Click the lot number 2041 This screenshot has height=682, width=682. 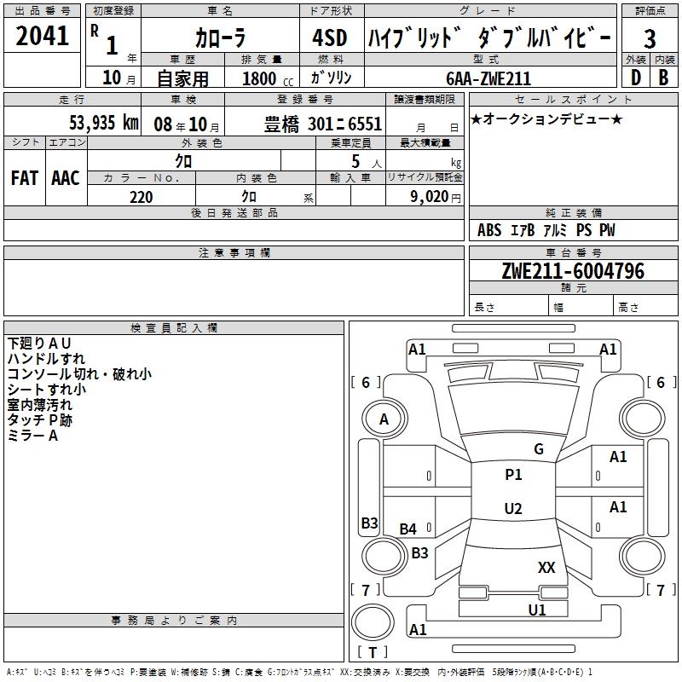click(43, 37)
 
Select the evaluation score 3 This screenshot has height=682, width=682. click(650, 38)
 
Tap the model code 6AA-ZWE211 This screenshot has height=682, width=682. click(488, 78)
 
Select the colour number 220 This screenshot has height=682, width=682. click(142, 197)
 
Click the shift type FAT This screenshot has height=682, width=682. click(24, 178)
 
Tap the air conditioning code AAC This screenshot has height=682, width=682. click(66, 178)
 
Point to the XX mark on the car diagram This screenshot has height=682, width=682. click(546, 567)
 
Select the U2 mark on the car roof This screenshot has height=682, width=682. click(513, 509)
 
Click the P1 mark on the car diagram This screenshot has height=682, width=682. click(513, 475)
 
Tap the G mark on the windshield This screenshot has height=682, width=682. click(538, 449)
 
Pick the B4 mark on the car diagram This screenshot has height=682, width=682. click(408, 529)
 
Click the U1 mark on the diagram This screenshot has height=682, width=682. click(537, 610)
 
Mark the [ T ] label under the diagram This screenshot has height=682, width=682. click(373, 652)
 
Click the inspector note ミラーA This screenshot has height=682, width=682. click(32, 436)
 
